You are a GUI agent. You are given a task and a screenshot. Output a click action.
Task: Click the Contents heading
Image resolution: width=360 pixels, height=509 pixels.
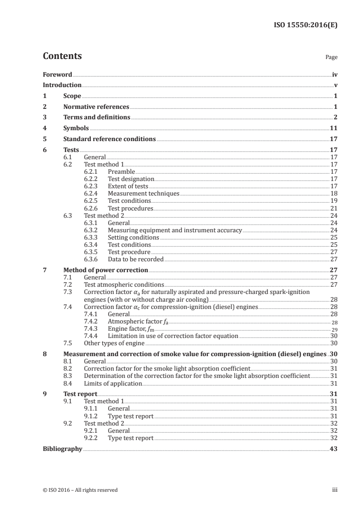click(62, 56)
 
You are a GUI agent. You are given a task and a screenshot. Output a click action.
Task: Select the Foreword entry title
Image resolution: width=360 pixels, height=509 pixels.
click(57, 74)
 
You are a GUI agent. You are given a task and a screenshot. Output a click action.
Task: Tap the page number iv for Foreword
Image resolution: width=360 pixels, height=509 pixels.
click(335, 74)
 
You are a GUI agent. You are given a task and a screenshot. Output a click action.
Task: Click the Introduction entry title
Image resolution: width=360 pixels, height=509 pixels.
click(62, 85)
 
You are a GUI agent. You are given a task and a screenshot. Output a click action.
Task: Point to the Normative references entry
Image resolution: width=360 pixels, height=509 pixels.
click(96, 107)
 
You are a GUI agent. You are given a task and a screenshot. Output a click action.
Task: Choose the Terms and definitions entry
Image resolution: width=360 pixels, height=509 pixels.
click(97, 117)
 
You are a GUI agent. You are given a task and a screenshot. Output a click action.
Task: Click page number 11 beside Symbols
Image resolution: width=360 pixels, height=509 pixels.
click(333, 128)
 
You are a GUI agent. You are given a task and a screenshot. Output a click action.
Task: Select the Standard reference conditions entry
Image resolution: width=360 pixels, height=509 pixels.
click(109, 139)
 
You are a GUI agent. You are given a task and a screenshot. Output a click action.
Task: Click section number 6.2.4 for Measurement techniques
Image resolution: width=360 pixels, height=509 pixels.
click(92, 194)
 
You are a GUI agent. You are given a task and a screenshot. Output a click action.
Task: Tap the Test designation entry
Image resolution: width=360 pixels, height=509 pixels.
click(131, 179)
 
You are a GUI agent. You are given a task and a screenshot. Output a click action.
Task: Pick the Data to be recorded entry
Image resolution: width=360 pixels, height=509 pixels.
click(135, 259)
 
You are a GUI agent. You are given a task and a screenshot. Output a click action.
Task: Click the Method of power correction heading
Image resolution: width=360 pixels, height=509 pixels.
click(105, 270)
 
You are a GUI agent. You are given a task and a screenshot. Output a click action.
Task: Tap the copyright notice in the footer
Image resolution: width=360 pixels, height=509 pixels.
click(80, 490)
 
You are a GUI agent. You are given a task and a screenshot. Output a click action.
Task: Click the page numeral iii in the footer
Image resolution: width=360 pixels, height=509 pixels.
click(335, 490)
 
